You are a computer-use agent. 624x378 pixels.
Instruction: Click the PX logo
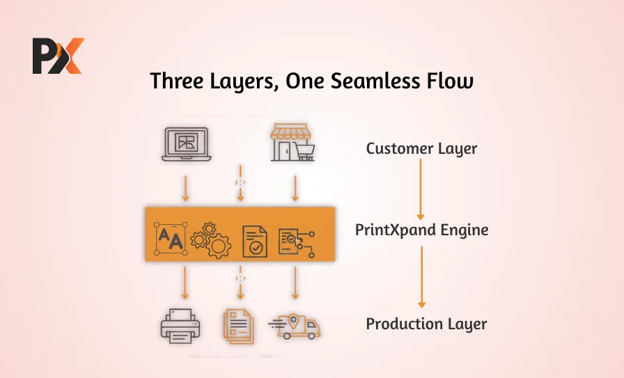pos(58,56)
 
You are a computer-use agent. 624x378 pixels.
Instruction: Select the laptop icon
pos(185,144)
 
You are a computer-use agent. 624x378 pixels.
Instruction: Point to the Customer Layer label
pos(421,148)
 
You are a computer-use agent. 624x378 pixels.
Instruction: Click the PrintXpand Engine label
pos(421,230)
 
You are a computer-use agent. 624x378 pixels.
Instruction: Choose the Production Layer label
pos(426,324)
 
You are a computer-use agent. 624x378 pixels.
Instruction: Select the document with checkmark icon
pos(254,241)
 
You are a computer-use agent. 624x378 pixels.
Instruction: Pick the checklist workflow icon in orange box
pos(296,240)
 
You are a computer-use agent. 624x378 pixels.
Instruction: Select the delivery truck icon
pos(297,326)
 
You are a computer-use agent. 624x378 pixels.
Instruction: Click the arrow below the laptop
pos(185,188)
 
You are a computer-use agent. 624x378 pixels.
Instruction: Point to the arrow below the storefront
pos(295,188)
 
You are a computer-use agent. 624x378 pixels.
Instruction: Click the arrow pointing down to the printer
pos(185,282)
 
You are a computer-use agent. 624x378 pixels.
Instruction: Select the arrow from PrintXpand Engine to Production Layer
pos(421,277)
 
